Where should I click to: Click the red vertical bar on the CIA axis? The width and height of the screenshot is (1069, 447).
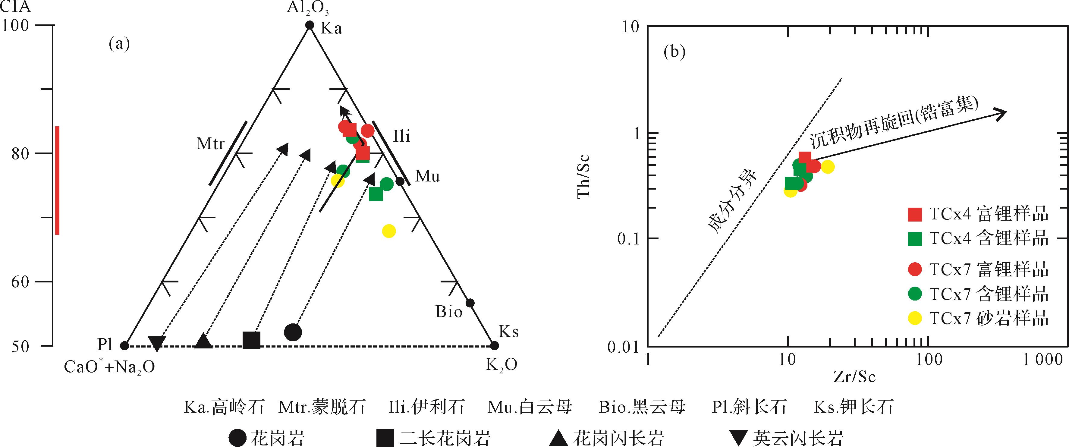click(57, 181)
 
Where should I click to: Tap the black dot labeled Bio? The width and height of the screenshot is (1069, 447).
click(470, 303)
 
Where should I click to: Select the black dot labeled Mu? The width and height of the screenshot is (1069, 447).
click(400, 181)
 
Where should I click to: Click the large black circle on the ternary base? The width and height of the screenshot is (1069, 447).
click(293, 332)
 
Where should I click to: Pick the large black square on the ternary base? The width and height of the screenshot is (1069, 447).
click(251, 340)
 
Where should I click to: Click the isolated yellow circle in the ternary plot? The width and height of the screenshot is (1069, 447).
click(388, 231)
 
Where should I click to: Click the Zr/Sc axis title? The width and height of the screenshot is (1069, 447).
click(854, 376)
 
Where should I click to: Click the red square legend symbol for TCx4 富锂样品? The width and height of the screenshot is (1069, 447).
click(915, 214)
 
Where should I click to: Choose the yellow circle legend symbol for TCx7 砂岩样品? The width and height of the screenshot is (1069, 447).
click(915, 318)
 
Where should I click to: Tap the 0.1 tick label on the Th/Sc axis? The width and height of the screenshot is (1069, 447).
click(629, 239)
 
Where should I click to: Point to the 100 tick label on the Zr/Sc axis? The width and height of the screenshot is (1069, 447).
click(929, 359)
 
